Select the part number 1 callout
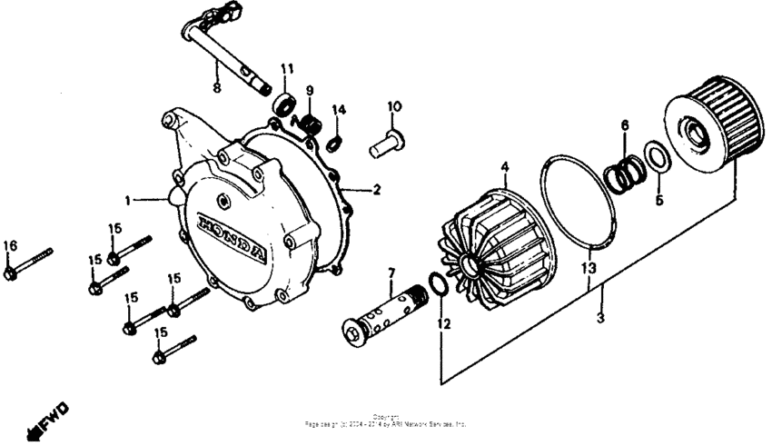(129, 198)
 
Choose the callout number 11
(287, 69)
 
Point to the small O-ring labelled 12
(437, 285)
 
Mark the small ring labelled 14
(334, 142)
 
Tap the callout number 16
(10, 245)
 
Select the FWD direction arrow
(50, 415)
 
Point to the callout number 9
(310, 91)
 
